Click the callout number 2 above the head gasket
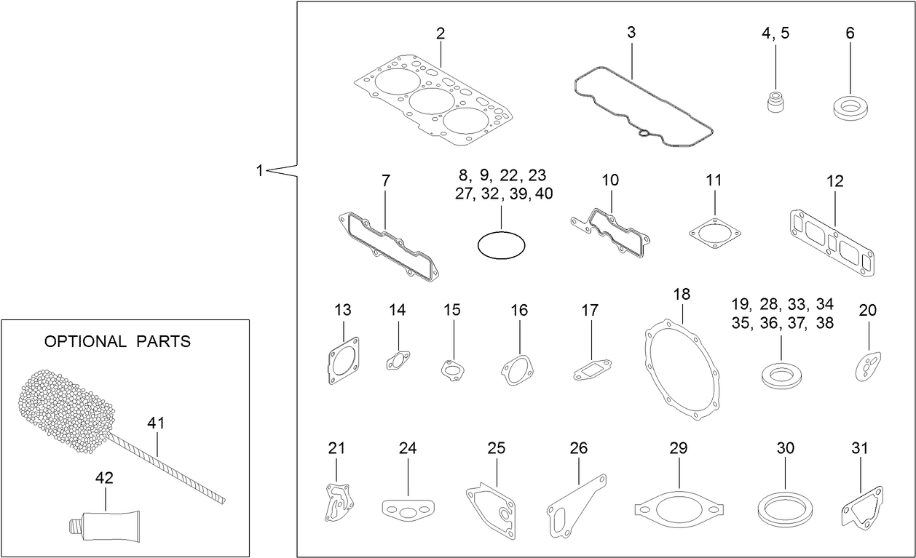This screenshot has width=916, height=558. click(x=441, y=33)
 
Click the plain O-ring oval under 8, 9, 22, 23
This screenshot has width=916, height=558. click(x=501, y=245)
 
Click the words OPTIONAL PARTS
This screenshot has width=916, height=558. click(x=117, y=341)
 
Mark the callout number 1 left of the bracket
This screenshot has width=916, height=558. click(x=259, y=170)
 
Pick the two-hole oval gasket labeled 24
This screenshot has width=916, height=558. click(x=408, y=509)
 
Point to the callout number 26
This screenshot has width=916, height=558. click(x=578, y=448)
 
